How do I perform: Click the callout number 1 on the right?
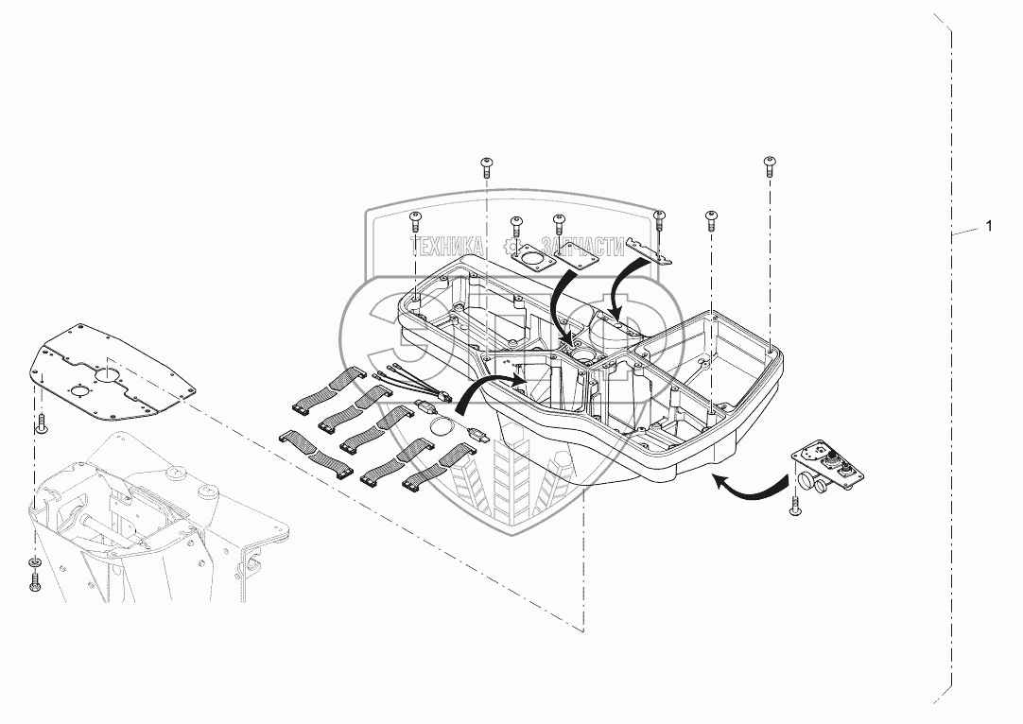click(989, 227)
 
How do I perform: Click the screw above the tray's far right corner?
click(769, 167)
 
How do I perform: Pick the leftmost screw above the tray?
click(414, 221)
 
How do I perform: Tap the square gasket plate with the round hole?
click(534, 259)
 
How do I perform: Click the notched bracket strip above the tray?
click(652, 250)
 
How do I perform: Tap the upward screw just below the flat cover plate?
click(42, 424)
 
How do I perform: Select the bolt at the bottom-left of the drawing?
click(35, 582)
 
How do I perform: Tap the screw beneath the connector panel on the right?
click(794, 508)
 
